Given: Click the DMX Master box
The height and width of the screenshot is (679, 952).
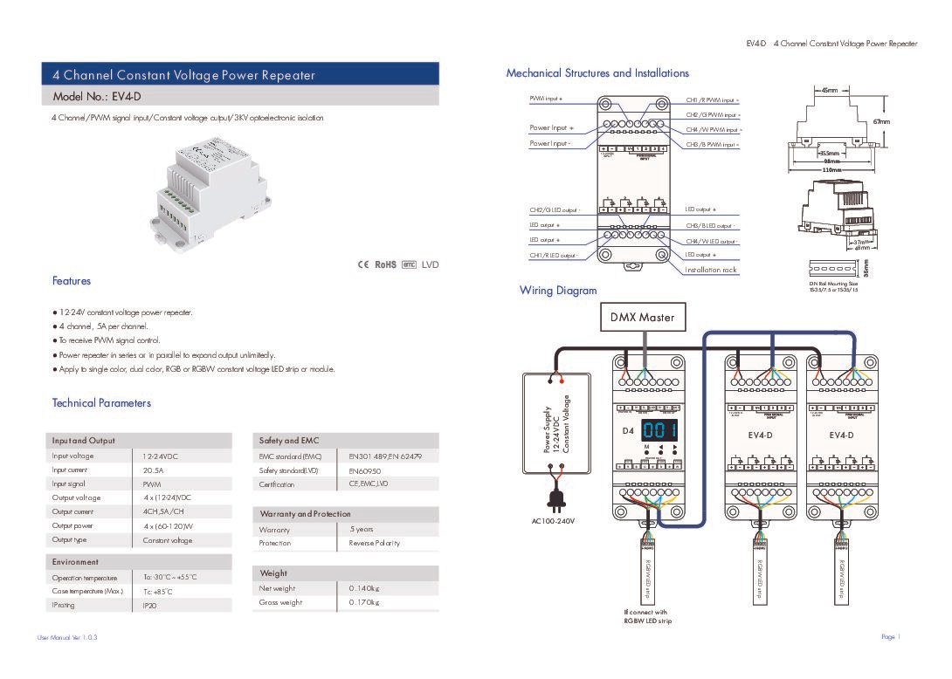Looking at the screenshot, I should click(x=644, y=317).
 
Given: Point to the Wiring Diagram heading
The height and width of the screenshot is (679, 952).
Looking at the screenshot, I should click(x=558, y=291).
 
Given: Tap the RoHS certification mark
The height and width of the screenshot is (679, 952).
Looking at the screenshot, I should click(x=385, y=264).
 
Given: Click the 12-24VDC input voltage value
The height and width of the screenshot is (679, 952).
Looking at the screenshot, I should click(x=161, y=456).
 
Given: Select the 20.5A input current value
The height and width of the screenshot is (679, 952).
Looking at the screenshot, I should click(x=153, y=470).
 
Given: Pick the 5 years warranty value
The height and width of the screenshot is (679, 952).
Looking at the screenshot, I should click(x=361, y=529).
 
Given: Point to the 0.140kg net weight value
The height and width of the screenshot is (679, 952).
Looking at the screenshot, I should click(x=364, y=588).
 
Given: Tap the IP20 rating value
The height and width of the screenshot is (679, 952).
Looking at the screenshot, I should click(x=149, y=605).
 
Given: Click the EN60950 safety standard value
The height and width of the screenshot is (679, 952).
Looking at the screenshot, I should click(x=365, y=470).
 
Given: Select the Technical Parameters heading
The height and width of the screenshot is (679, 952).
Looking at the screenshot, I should click(x=101, y=403).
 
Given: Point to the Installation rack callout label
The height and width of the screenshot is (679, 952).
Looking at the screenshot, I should click(x=711, y=271).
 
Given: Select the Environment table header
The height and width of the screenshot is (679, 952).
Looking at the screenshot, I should click(x=75, y=562).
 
